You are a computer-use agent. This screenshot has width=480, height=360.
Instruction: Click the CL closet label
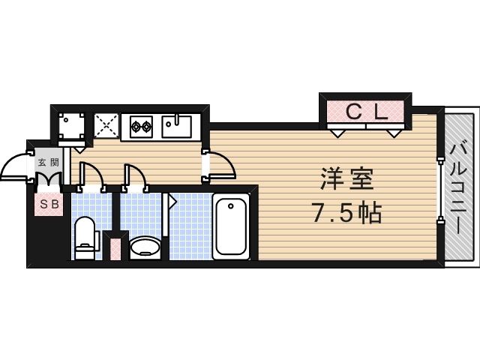pyautogui.click(x=366, y=112)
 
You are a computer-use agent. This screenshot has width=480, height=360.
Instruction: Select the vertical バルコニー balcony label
pyautogui.click(x=457, y=187)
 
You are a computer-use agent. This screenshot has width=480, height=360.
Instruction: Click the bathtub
pyautogui.click(x=230, y=226)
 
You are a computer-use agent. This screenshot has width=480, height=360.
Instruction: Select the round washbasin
pyautogui.click(x=145, y=246)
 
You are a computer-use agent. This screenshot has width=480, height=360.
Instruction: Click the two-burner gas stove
pyautogui.click(x=141, y=126)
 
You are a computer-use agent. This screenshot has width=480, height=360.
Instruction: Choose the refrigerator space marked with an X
pyautogui.click(x=105, y=126)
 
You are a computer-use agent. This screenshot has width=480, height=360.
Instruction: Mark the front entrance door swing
pyautogui.click(x=16, y=168)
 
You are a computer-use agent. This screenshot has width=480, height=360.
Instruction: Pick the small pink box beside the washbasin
pyautogui.click(x=114, y=247)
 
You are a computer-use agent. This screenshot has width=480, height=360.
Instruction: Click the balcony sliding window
pyautogui.click(x=439, y=187)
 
